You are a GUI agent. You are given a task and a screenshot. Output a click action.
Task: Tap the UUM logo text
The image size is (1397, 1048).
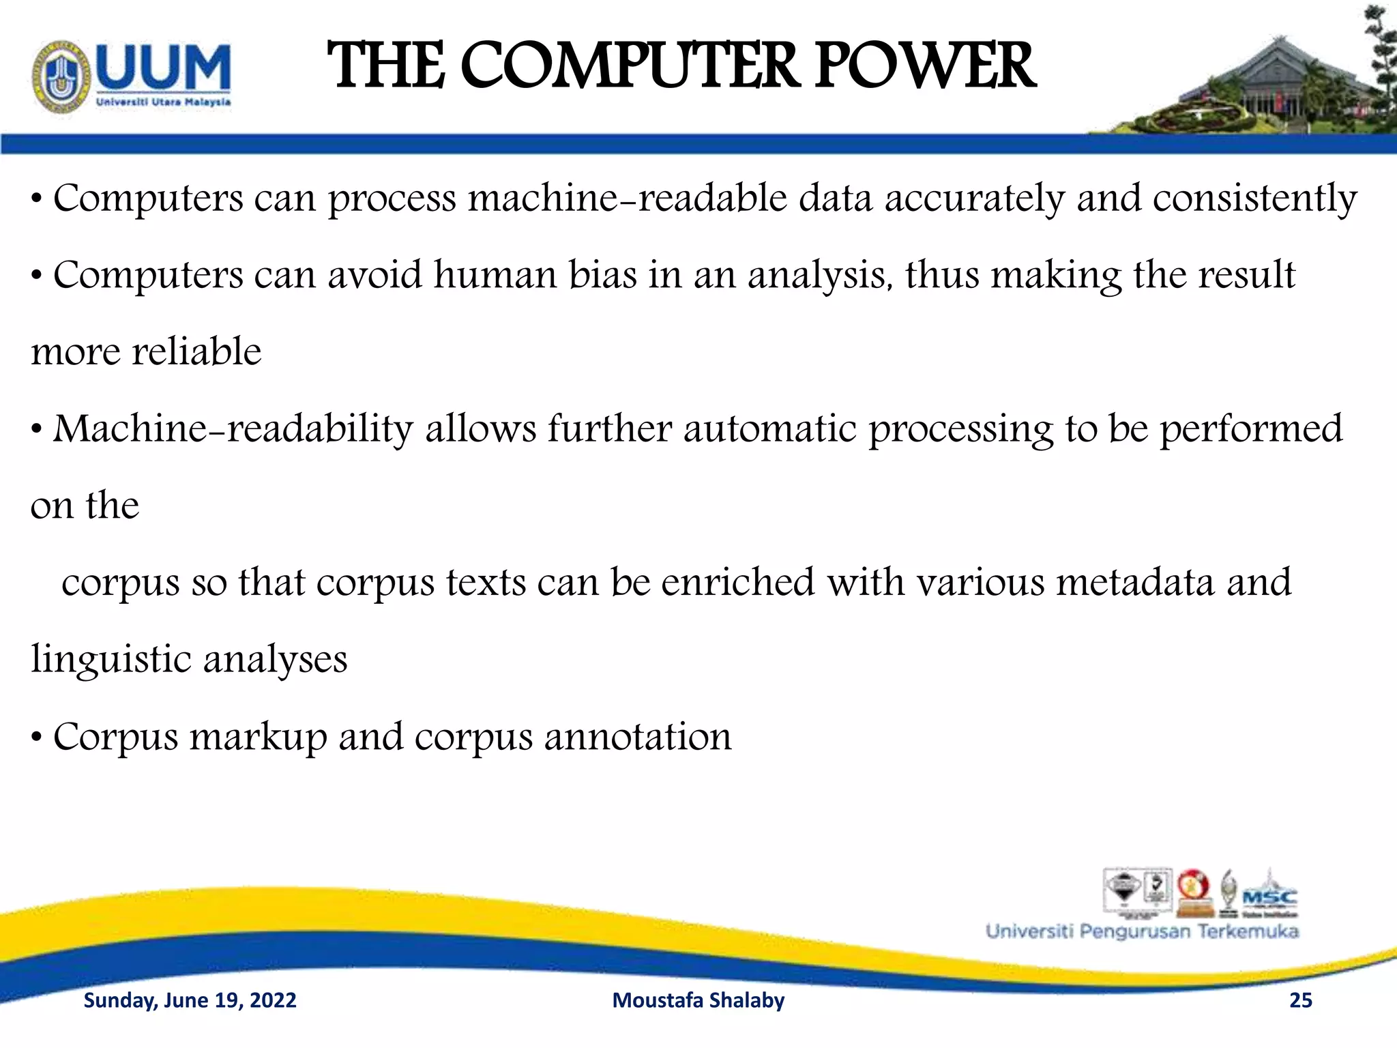click(x=164, y=68)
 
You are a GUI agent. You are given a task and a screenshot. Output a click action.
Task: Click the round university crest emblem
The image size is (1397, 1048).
click(x=61, y=77)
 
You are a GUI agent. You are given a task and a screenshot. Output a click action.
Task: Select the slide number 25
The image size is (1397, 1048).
click(x=1301, y=1000)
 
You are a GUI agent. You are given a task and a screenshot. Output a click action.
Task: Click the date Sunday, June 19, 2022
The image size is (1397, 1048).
click(x=190, y=1000)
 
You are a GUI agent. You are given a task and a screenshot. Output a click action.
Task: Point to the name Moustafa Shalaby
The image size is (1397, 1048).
click(x=698, y=1000)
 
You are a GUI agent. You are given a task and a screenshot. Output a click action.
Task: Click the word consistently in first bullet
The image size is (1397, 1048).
click(x=1255, y=199)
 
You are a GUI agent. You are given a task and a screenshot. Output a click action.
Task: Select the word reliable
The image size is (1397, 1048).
click(x=196, y=352)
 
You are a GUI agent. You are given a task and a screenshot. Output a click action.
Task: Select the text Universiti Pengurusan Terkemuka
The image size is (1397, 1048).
click(x=1142, y=932)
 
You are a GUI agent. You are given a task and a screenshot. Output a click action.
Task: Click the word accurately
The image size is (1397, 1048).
click(x=975, y=199)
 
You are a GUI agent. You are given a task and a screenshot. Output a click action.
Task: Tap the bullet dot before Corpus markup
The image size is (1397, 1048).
click(x=38, y=738)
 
